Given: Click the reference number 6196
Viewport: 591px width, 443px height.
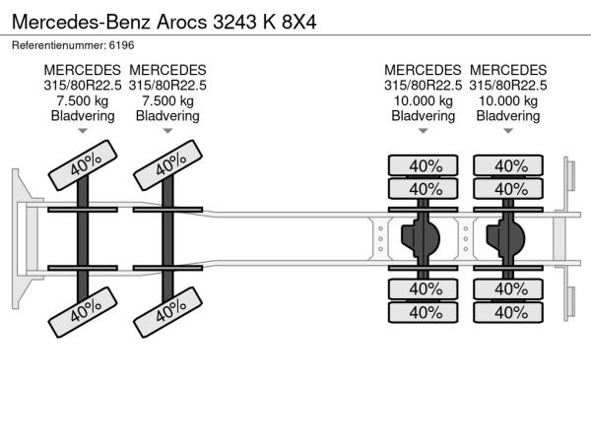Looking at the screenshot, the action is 121,45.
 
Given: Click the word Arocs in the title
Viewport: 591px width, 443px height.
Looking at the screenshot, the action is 181,22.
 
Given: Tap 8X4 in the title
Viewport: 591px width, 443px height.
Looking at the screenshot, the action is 298,22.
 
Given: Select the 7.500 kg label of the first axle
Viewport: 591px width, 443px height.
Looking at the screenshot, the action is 83,100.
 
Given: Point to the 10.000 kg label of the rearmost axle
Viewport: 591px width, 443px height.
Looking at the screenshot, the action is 508,100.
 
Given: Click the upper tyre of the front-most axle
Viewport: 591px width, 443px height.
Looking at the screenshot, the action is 83,165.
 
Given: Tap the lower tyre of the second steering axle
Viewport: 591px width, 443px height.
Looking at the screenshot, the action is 167,312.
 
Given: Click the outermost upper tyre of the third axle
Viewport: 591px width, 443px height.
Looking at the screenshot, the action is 424,165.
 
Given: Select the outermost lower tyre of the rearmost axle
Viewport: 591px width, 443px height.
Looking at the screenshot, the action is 508,312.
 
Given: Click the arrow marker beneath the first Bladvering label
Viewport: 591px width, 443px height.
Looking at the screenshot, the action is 83,131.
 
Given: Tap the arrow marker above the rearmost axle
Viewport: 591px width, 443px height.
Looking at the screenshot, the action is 508,131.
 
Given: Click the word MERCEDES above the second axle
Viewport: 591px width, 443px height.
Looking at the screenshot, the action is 167,70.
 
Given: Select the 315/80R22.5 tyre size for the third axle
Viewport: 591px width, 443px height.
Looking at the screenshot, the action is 423,86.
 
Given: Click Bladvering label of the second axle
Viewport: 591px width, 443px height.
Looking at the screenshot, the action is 167,115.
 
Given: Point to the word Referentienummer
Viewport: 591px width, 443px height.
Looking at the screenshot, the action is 59,45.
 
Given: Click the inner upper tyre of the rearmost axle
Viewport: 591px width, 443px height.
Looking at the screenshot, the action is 508,189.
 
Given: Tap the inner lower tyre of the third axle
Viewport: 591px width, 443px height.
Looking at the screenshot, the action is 424,289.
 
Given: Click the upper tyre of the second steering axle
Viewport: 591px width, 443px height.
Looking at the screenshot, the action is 167,165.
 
